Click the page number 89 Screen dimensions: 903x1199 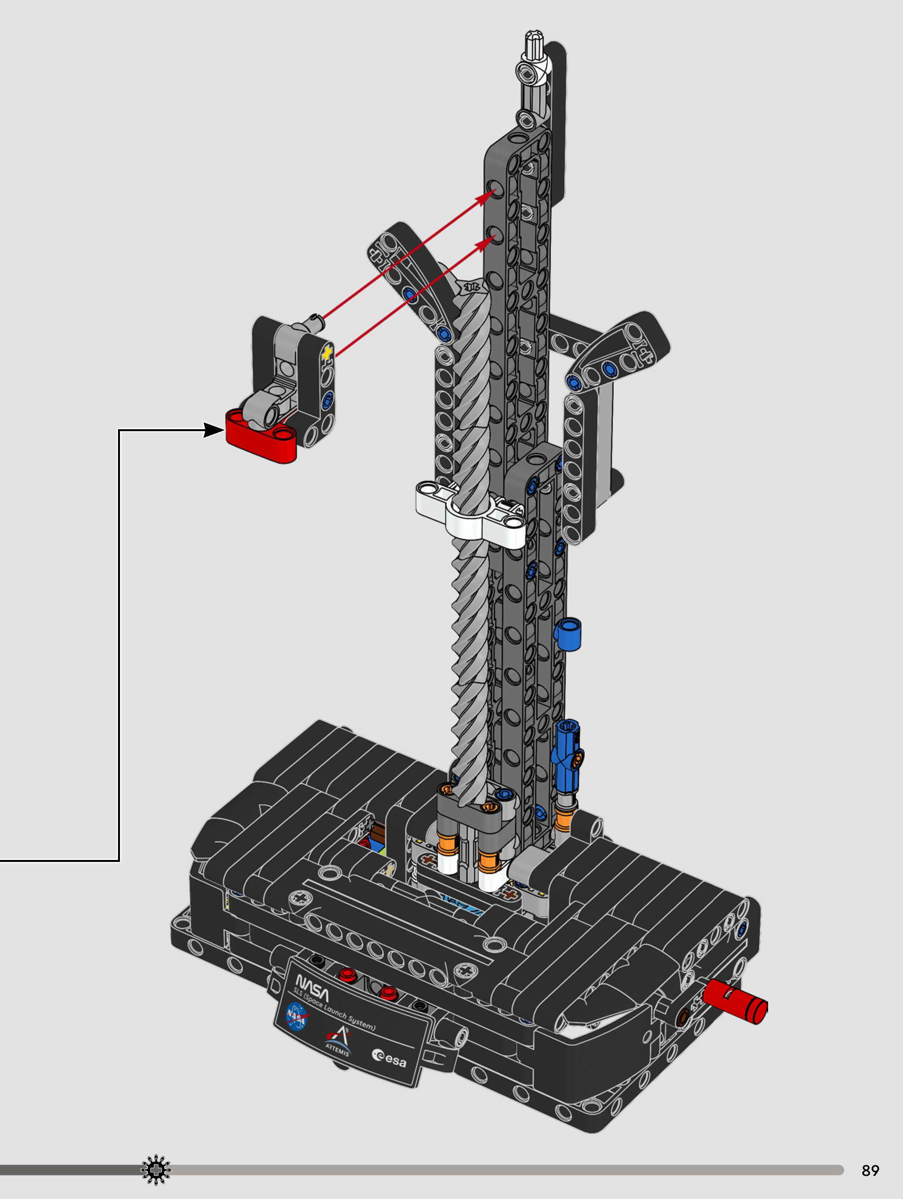pos(870,1170)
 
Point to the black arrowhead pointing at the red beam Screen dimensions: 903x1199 pos(214,430)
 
